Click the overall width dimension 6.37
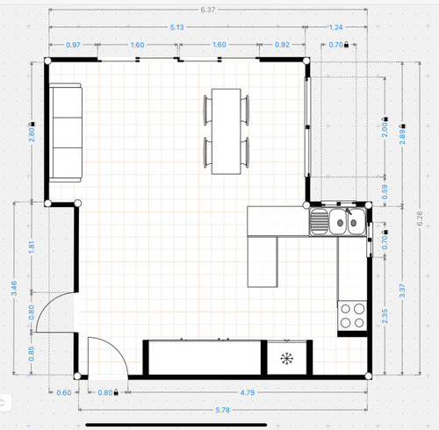208,10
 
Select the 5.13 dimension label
177,27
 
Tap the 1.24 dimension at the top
335,27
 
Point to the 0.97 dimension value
73,45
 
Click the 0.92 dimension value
282,45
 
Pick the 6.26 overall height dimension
420,219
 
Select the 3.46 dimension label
14,288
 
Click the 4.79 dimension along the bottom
248,392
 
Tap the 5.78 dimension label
222,410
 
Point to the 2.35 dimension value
385,316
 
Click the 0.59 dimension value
385,191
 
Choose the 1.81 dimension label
32,247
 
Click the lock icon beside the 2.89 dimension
403,125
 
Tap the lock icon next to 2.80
32,124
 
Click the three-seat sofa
65,133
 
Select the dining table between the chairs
227,132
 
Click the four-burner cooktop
352,316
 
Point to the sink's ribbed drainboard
319,221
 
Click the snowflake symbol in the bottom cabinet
286,359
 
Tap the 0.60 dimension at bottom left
64,392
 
